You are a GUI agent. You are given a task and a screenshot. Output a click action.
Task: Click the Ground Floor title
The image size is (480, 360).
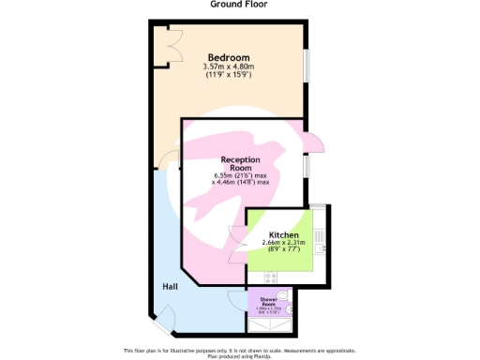pos(238,5)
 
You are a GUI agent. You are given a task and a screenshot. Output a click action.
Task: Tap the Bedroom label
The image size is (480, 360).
pos(229,57)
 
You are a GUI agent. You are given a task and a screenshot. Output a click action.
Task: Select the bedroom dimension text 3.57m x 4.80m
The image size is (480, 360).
pos(229,67)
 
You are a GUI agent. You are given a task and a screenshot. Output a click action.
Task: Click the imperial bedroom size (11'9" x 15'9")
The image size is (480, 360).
pos(229,75)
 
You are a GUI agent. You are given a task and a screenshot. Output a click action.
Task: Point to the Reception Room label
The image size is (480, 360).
pos(240,164)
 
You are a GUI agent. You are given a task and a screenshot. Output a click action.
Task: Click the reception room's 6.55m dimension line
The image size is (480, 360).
pos(241,174)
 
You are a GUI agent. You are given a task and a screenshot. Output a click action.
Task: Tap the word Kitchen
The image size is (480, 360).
pos(283,235)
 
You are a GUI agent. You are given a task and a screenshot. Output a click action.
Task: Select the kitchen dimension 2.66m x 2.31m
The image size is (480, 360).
pos(283,244)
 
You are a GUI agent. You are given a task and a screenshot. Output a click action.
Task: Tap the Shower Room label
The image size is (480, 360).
pos(268,302)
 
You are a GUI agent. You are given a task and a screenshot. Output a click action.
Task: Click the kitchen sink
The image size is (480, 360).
pos(320,248)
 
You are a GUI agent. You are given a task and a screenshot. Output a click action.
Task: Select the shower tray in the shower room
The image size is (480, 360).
pos(270,323)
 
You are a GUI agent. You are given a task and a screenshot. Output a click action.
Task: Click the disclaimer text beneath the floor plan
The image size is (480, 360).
pos(240,352)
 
